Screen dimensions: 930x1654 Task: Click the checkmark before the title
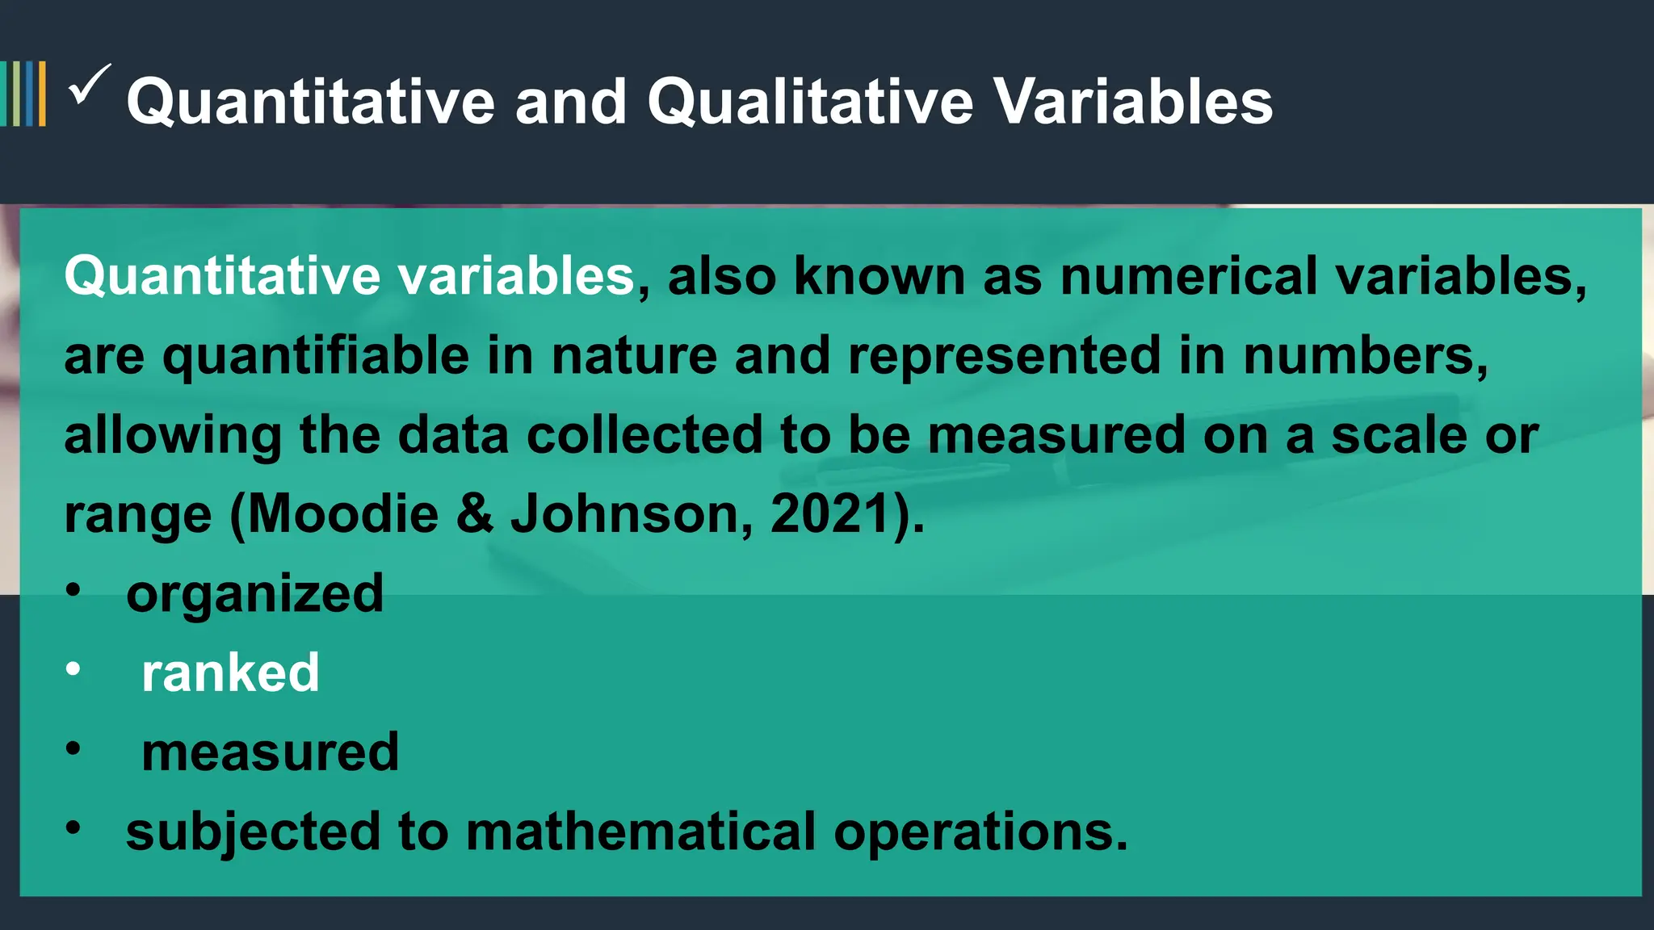tap(89, 86)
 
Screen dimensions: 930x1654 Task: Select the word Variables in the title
tap(1133, 102)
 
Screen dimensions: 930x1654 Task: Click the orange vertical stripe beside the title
tap(42, 94)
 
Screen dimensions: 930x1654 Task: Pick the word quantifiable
tap(316, 356)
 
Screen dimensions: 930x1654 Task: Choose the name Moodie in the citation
tap(343, 513)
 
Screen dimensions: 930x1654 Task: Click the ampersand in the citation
tap(475, 513)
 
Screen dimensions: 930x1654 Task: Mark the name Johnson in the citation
tap(627, 513)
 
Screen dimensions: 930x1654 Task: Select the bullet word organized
tap(254, 594)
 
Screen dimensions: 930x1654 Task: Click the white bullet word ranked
tap(230, 672)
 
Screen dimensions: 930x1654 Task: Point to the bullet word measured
tap(270, 752)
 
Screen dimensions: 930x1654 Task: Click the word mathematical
tap(641, 832)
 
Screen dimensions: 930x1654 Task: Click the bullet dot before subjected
tap(73, 828)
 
